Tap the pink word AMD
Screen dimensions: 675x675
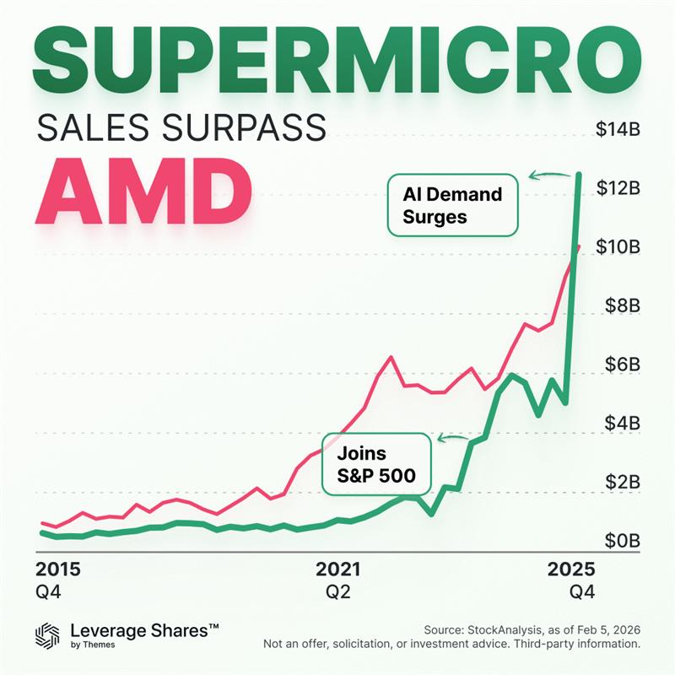(143, 192)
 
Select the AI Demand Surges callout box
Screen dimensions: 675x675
(452, 205)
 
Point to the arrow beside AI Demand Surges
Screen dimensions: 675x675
(547, 176)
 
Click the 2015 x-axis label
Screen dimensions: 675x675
(57, 568)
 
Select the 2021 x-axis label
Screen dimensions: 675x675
(337, 568)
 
